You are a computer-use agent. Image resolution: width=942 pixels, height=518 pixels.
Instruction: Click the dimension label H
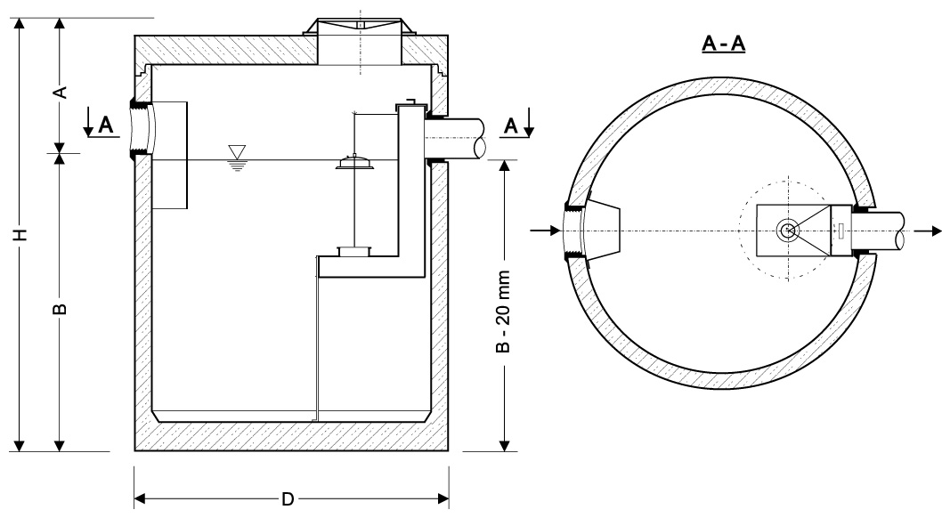(x=19, y=235)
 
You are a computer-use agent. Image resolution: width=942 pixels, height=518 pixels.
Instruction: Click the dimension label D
(x=288, y=498)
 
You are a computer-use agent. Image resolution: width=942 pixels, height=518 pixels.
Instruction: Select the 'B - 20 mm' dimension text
(x=504, y=311)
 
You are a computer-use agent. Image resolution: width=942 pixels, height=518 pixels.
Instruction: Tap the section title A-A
(x=723, y=46)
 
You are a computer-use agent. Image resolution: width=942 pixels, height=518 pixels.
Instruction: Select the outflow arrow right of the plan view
(x=925, y=231)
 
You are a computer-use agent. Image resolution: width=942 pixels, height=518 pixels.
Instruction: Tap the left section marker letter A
(x=105, y=126)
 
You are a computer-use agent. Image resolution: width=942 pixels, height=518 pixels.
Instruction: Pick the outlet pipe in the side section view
(x=455, y=139)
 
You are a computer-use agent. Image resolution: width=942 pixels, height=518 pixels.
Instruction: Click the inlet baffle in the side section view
(x=170, y=156)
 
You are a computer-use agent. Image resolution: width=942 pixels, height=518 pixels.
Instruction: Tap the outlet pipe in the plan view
(x=886, y=231)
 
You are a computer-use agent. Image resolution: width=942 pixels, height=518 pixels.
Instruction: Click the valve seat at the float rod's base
(x=353, y=253)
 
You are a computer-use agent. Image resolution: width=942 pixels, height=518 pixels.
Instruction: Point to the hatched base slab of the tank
(x=290, y=437)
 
